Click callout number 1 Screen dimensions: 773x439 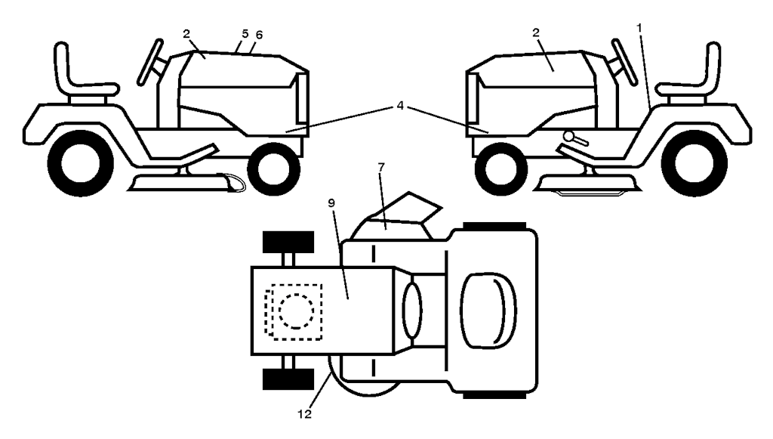[x=639, y=28]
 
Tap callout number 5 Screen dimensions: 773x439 [x=245, y=33]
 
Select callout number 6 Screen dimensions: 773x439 [x=259, y=35]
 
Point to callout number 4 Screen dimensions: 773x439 [x=400, y=106]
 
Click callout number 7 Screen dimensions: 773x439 [x=380, y=167]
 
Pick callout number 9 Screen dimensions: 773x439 [x=331, y=203]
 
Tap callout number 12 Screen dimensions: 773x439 [x=305, y=414]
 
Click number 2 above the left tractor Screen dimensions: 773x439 [x=186, y=33]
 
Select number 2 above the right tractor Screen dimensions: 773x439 [x=536, y=32]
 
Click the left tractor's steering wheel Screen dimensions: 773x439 [x=150, y=62]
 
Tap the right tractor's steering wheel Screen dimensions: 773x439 [x=624, y=62]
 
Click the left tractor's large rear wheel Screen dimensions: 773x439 [x=80, y=163]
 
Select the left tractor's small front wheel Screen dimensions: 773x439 [x=273, y=168]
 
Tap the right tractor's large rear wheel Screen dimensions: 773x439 [x=694, y=163]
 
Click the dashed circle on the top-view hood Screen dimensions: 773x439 [x=296, y=311]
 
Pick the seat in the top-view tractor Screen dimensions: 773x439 [x=488, y=311]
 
